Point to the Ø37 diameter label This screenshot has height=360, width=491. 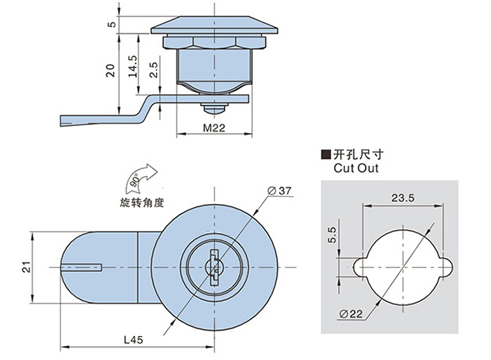pos(279,190)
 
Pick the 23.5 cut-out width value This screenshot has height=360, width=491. pos(402,198)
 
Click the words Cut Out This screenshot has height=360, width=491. pos(354,165)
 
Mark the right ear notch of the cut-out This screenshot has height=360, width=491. pos(447,267)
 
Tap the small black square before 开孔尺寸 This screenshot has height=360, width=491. pos(326,153)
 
